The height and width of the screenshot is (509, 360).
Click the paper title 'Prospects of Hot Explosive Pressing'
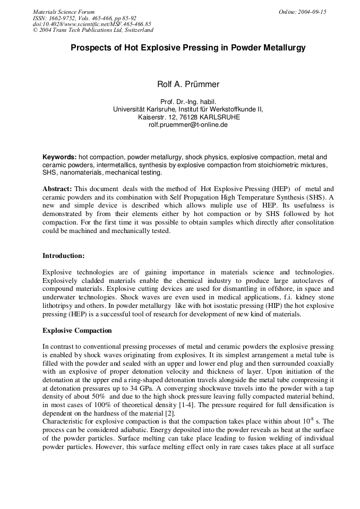click(188, 48)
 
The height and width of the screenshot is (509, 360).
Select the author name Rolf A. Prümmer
click(188, 84)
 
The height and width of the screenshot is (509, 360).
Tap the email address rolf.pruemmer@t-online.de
click(188, 125)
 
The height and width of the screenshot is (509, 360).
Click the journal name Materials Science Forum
click(64, 12)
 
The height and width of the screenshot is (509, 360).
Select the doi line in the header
click(92, 24)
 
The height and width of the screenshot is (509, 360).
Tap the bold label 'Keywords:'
click(59, 157)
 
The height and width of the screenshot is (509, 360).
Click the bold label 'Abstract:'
click(57, 188)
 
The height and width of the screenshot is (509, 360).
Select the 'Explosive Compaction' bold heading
click(77, 330)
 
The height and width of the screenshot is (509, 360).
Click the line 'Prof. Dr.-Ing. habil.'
click(188, 101)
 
